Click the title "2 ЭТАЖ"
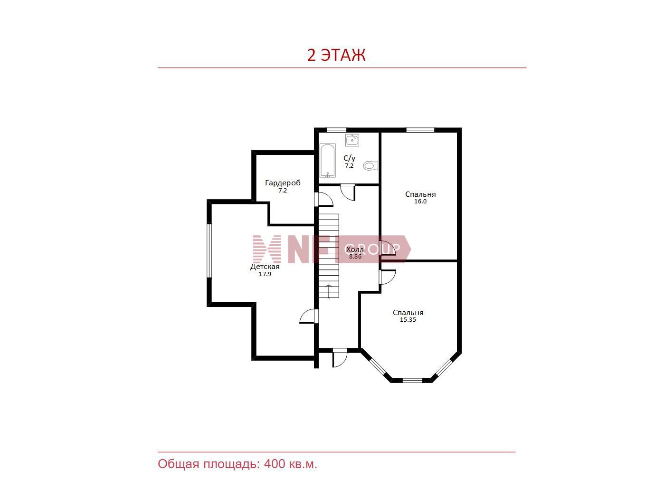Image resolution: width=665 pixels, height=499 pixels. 336,55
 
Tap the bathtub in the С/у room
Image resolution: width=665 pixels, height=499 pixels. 327,161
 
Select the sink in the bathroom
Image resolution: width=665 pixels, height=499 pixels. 352,140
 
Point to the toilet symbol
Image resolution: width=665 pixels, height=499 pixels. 370,165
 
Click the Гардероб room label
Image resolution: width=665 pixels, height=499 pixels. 283,182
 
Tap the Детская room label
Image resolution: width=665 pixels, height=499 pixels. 265,267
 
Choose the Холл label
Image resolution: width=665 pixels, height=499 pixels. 355,249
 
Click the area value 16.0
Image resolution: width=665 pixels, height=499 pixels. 420,202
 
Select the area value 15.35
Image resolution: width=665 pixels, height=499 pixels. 408,320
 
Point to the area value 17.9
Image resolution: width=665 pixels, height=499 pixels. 265,274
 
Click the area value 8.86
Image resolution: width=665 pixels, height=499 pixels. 355,256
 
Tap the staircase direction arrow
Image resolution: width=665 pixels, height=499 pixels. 329,291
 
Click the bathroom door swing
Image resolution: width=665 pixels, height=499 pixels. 348,192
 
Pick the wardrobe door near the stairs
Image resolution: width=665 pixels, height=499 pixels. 323,199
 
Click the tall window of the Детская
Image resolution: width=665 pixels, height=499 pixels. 209,250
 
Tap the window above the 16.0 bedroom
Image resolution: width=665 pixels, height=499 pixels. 420,130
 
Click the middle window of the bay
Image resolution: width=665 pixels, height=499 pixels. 412,380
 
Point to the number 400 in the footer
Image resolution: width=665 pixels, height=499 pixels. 275,464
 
